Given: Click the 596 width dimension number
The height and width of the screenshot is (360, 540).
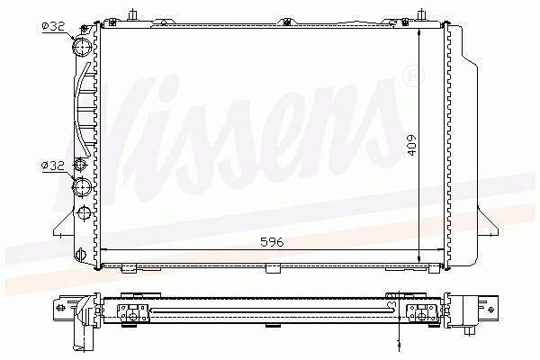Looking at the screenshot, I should point(273,240).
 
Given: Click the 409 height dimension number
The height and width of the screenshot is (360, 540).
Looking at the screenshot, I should point(411,143).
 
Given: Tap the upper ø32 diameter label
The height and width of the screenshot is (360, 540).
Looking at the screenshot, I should point(52,26).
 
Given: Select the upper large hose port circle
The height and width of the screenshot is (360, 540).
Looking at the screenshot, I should point(82,46).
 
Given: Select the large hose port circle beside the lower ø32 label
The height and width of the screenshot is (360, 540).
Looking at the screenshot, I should point(82,187).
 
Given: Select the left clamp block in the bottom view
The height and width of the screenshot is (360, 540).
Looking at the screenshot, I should point(133,311).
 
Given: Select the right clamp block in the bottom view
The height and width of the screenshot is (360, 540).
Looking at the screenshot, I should point(422,311).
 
